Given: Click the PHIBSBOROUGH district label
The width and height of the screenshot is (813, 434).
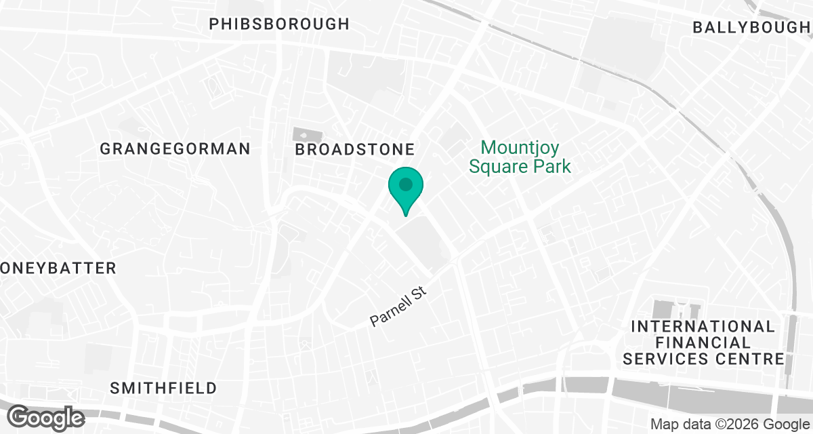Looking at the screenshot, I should point(279,24).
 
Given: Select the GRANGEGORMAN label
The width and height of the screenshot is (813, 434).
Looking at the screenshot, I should point(175,149).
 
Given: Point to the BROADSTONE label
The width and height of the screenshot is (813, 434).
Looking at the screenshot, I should point(354,149).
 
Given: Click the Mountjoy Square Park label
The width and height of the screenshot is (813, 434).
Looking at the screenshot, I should point(520,157).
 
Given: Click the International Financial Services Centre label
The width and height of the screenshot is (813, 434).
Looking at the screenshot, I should point(703,342).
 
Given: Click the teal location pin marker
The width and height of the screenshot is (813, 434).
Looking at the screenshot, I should point(406,190).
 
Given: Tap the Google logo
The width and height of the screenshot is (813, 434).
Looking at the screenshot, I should point(46,416).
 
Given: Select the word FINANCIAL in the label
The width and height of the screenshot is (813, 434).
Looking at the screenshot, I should point(703,342).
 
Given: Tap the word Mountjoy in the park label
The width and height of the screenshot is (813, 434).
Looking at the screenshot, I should point(520,147).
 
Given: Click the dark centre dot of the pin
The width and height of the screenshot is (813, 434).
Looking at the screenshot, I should point(406,184).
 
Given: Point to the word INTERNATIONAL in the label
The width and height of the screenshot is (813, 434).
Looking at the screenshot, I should point(703,326).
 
